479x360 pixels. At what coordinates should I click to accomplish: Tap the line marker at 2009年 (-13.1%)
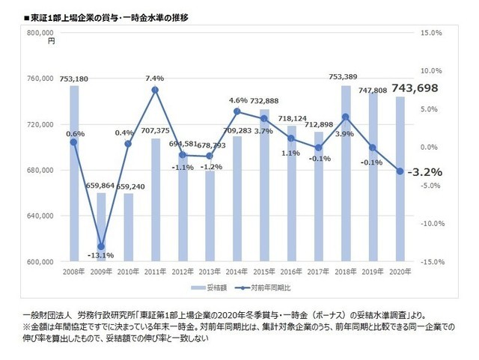[x=101, y=246]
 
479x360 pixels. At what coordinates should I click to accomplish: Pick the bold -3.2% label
[x=424, y=171]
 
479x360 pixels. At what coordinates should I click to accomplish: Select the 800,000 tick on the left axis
[x=40, y=33]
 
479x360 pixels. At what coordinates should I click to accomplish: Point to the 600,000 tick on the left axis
[x=40, y=262]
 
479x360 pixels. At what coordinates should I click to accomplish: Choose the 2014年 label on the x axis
[x=237, y=272]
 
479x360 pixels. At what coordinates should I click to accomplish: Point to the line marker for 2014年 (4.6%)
[x=237, y=112]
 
